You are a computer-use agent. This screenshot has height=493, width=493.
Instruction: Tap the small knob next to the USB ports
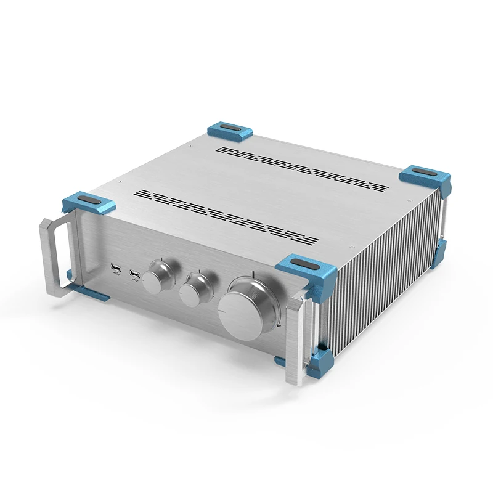coord(158,275)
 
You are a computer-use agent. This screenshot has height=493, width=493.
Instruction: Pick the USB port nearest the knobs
coord(134,271)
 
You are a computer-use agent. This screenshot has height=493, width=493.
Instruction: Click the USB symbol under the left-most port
coord(115,275)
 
